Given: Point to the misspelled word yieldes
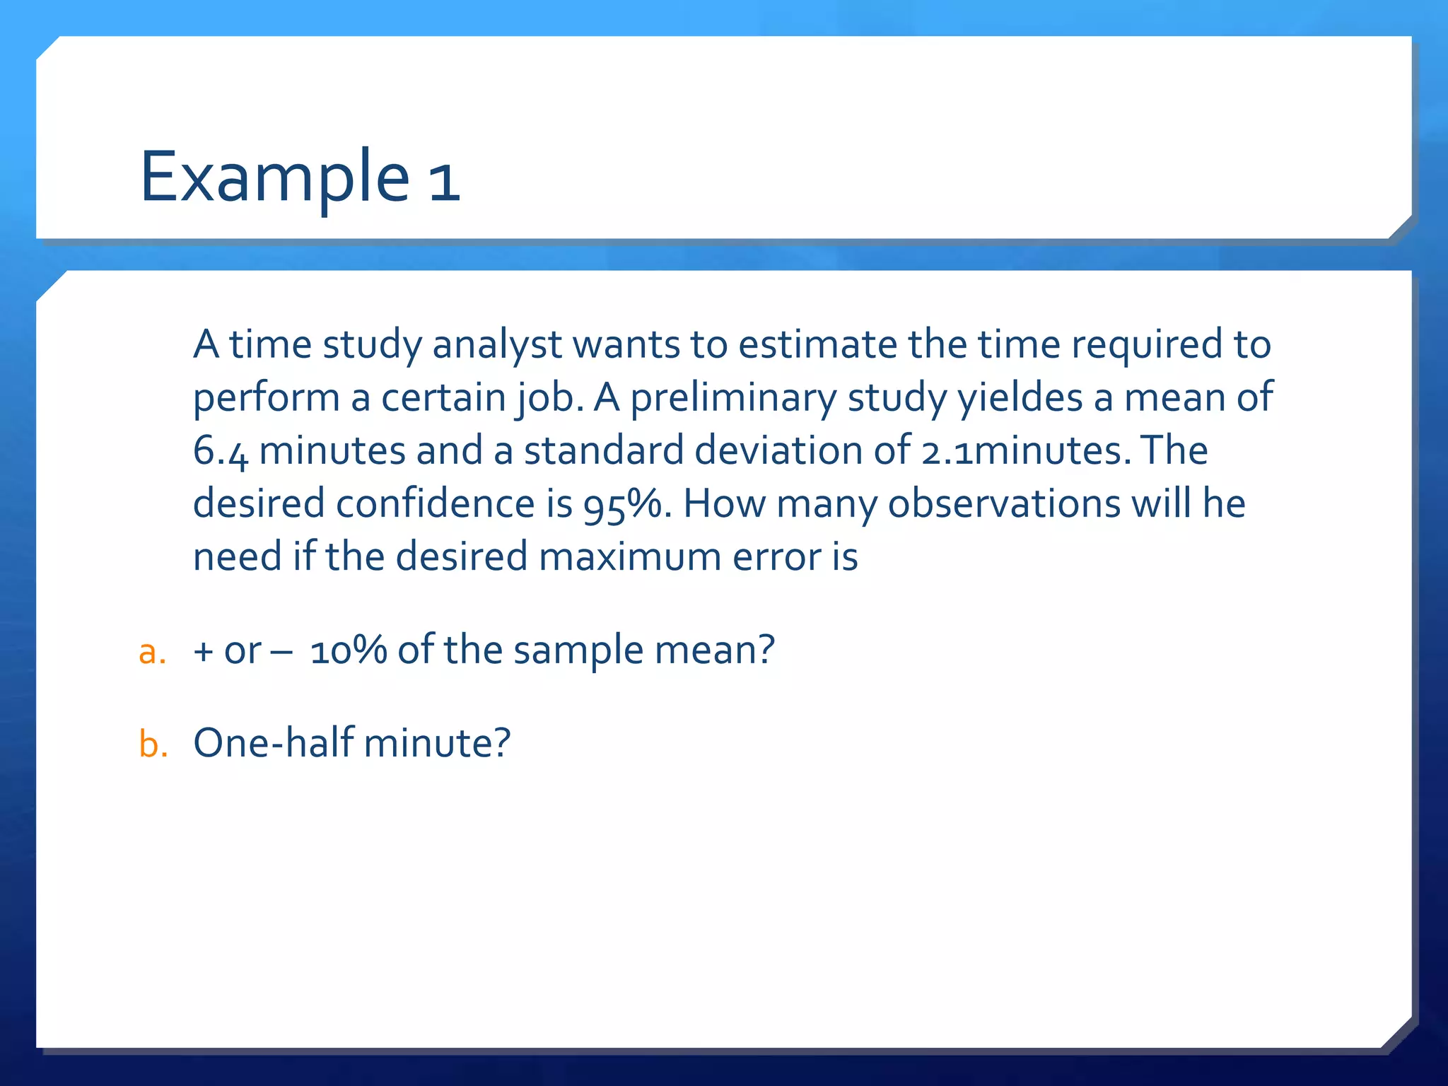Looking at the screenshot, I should pos(1020,399).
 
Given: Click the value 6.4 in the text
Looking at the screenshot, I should pos(221,452).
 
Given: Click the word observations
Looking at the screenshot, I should pos(1004,503).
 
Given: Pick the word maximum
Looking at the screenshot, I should pos(630,556).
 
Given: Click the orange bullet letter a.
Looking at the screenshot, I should pos(152,651).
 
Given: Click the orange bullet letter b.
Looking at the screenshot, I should pos(153,744).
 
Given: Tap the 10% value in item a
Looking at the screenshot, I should pos(348,650).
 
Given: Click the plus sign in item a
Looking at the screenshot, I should pos(204,651).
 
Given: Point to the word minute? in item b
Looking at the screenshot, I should pos(436,743).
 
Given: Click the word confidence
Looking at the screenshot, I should pos(434,503).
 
